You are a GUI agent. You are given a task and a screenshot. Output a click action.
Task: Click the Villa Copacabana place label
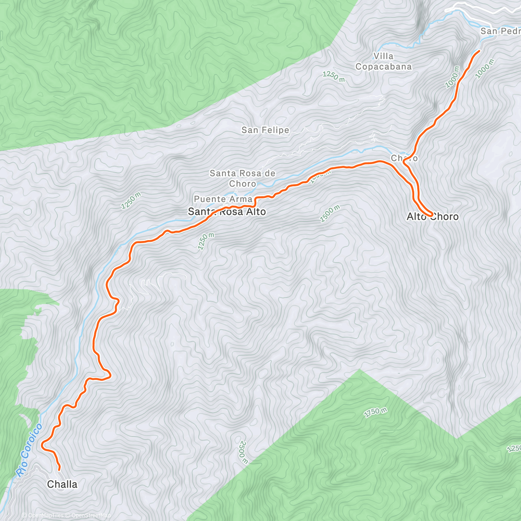point(383,61)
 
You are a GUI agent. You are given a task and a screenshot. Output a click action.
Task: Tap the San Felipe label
point(265,130)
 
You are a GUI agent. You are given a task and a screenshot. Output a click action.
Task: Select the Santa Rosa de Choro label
point(242,178)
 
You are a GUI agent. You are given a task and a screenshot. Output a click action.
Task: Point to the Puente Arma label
point(223,199)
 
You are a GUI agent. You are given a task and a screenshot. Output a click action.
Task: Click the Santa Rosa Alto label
point(226,212)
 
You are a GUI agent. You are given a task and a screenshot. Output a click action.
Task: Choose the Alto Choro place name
point(432,217)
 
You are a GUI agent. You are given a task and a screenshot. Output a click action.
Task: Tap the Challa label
point(62,484)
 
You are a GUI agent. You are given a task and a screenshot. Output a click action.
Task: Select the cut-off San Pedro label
point(500,31)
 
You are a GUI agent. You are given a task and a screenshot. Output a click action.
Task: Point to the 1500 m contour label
point(330,214)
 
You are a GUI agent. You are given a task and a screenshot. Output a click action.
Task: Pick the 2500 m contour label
point(243,451)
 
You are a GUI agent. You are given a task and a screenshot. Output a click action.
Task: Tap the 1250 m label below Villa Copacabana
point(333,76)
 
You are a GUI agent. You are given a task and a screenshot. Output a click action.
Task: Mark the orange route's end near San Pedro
point(479,51)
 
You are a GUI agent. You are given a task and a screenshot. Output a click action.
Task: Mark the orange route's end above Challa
point(59,470)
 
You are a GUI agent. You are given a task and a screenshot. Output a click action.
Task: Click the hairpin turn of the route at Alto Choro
point(431,215)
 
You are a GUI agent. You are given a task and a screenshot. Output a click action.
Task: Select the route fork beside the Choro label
point(404,162)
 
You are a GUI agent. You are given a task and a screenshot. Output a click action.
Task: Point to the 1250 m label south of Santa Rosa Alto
point(206,241)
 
